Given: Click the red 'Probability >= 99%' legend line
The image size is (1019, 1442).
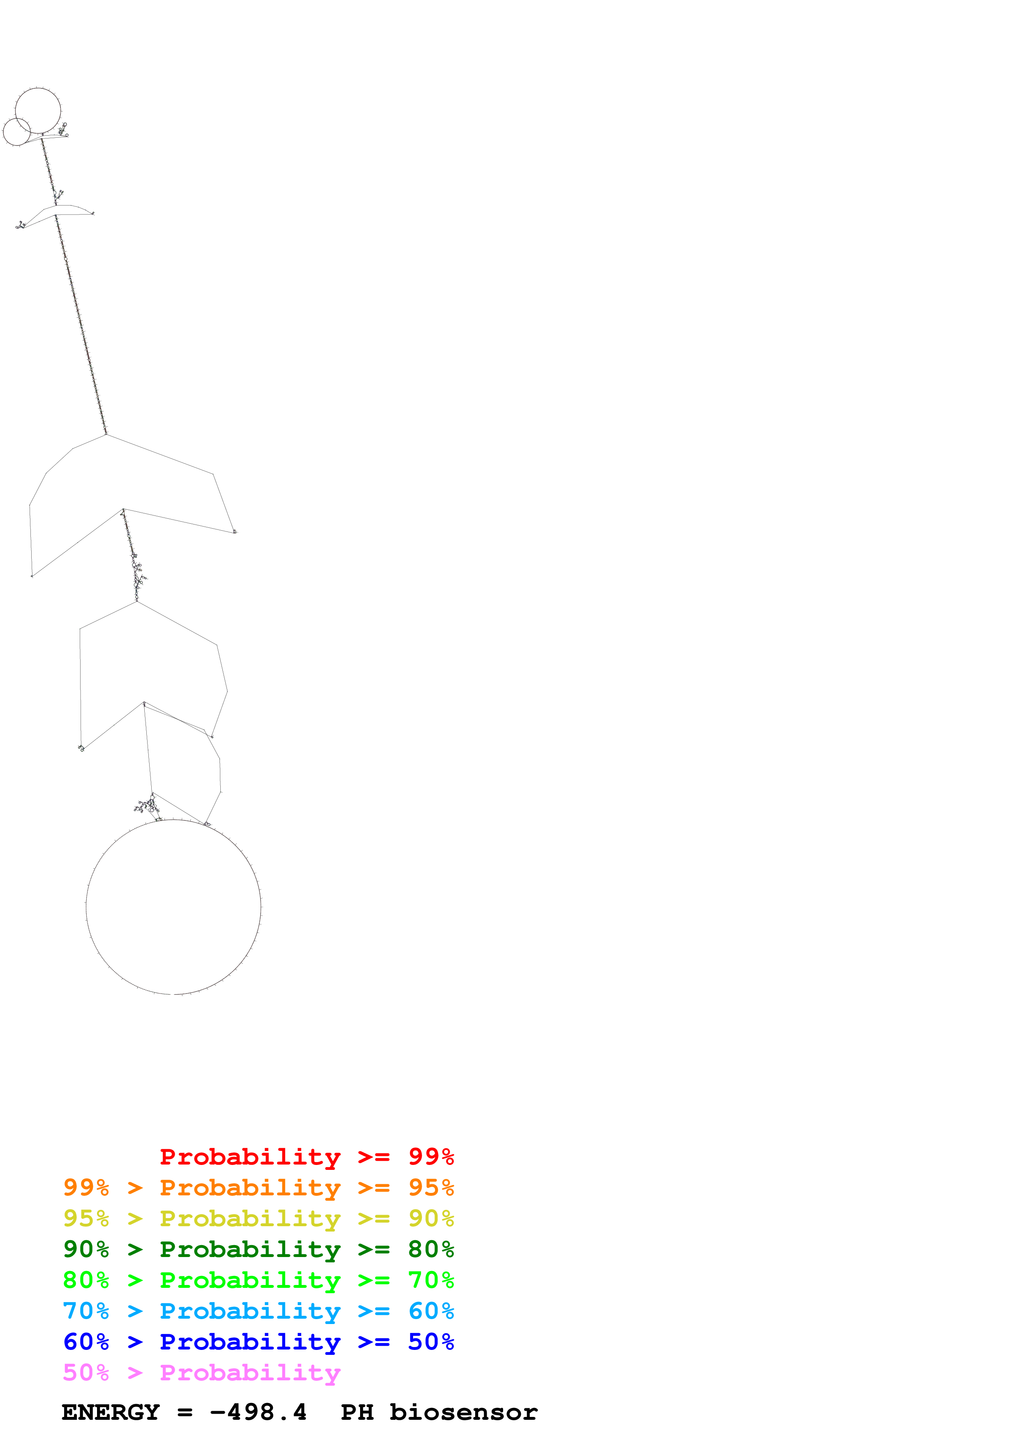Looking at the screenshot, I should click(x=306, y=1157).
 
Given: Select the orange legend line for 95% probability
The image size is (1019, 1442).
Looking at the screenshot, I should click(x=258, y=1188).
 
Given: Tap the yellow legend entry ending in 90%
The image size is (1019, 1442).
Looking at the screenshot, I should click(x=258, y=1218).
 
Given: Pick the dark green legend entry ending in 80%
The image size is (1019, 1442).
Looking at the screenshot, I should click(x=258, y=1249).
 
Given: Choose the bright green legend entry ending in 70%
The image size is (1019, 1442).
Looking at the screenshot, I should click(x=258, y=1280).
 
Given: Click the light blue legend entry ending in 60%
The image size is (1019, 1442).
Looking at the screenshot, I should click(x=258, y=1311).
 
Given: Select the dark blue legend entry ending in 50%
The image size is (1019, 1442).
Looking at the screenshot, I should click(x=258, y=1342).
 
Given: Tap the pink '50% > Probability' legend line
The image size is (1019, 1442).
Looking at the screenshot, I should click(x=201, y=1372).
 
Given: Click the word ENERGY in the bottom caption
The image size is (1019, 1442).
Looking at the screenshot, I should click(x=111, y=1412).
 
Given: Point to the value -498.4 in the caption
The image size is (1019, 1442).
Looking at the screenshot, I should click(x=258, y=1412).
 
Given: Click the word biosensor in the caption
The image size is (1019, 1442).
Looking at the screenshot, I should click(x=463, y=1412).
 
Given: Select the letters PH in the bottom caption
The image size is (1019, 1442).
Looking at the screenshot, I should click(x=357, y=1412).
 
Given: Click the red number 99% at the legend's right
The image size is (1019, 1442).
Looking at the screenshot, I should click(x=431, y=1157).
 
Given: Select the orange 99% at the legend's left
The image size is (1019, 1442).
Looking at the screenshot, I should click(x=86, y=1188).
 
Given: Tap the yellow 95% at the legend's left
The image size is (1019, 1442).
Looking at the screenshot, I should click(x=86, y=1218).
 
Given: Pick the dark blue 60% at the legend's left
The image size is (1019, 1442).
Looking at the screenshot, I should click(x=86, y=1342).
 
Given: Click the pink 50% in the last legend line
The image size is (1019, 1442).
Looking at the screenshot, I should click(x=86, y=1372).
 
